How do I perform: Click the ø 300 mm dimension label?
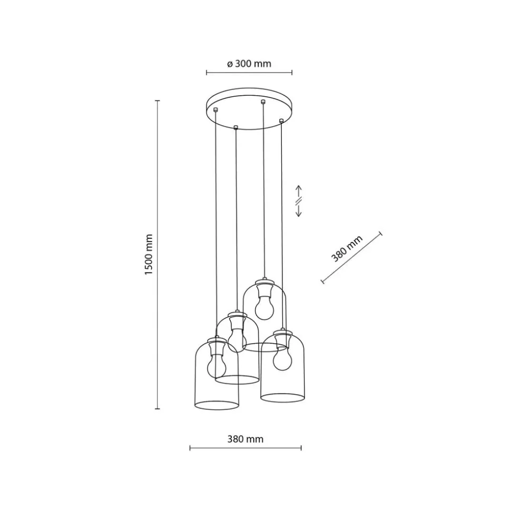pyautogui.click(x=249, y=64)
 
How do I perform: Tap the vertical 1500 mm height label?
pyautogui.click(x=149, y=254)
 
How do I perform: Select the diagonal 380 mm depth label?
pyautogui.click(x=347, y=248)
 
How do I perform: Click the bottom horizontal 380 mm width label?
pyautogui.click(x=245, y=439)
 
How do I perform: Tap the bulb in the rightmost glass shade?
pyautogui.click(x=283, y=358)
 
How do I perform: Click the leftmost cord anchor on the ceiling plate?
pyautogui.click(x=215, y=109)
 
